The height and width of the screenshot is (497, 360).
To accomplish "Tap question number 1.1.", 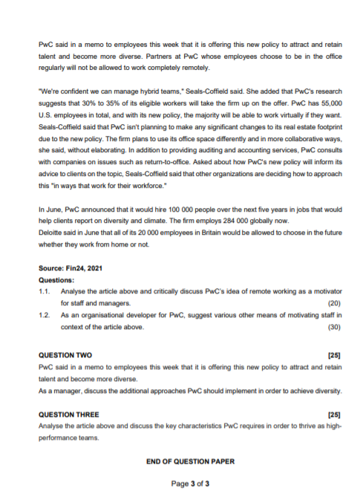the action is (x=44, y=292).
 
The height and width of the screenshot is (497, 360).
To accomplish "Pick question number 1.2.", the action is (x=44, y=315).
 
